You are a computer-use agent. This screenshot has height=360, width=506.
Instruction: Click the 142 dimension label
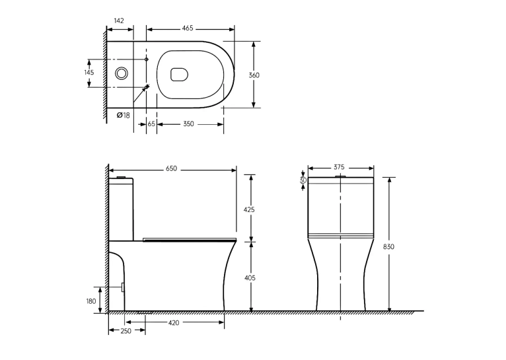click(119, 20)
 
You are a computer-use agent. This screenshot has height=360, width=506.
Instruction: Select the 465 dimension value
click(188, 28)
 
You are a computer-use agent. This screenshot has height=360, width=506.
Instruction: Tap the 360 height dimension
click(254, 75)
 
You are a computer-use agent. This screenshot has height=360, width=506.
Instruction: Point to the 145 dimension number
click(89, 72)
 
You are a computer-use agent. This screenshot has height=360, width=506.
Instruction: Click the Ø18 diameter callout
click(124, 115)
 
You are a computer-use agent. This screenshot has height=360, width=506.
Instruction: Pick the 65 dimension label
click(151, 124)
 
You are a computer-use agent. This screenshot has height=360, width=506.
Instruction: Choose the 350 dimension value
click(188, 124)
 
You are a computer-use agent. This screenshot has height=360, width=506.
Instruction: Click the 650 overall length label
click(171, 168)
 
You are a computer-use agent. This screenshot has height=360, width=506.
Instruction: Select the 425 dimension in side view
click(249, 209)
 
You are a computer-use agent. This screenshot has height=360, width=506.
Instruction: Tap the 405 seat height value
click(250, 277)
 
